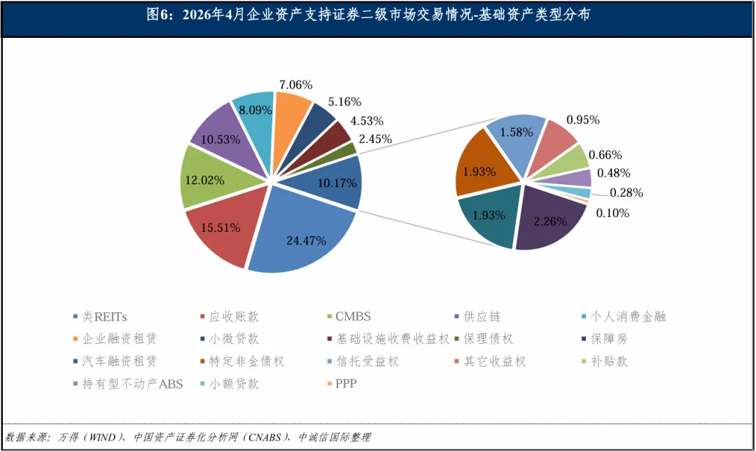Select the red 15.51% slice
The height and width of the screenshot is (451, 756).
(x=223, y=227)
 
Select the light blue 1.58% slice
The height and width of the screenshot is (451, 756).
(x=516, y=140)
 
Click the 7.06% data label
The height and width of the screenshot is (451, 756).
(x=295, y=85)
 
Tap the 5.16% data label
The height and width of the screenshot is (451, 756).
(x=344, y=102)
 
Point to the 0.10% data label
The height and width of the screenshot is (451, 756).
(x=612, y=213)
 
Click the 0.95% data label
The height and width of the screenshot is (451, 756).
(x=583, y=120)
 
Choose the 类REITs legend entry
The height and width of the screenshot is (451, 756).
(x=100, y=317)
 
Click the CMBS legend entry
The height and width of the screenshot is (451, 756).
(x=349, y=317)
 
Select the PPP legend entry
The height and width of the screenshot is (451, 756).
(x=342, y=384)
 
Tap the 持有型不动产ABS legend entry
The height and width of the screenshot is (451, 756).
(x=128, y=384)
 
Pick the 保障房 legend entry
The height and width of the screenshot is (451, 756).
(x=605, y=339)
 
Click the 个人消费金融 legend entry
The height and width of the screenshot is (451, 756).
(x=624, y=317)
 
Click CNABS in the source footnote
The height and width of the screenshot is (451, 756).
(x=265, y=438)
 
